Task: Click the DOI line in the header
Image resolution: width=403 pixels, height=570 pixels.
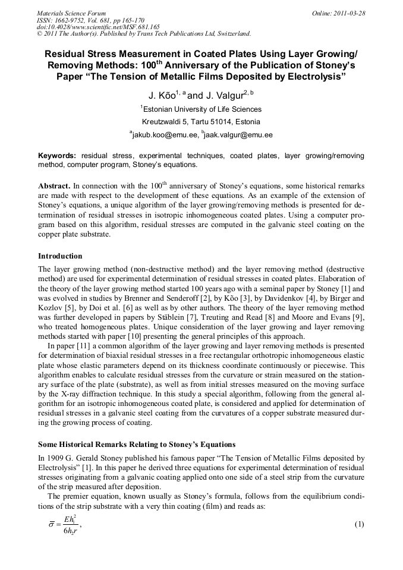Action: tap(98, 27)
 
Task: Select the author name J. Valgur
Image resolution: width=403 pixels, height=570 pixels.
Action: tap(229, 95)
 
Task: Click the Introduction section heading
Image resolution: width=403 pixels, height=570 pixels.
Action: tap(60, 256)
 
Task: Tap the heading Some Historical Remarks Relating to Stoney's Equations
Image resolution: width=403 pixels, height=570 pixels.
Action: tap(137, 444)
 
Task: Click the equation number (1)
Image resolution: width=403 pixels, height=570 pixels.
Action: tap(358, 524)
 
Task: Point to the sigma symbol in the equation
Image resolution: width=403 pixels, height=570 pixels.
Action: tap(52, 525)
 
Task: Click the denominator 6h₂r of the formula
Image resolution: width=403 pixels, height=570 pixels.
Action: tap(73, 531)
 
